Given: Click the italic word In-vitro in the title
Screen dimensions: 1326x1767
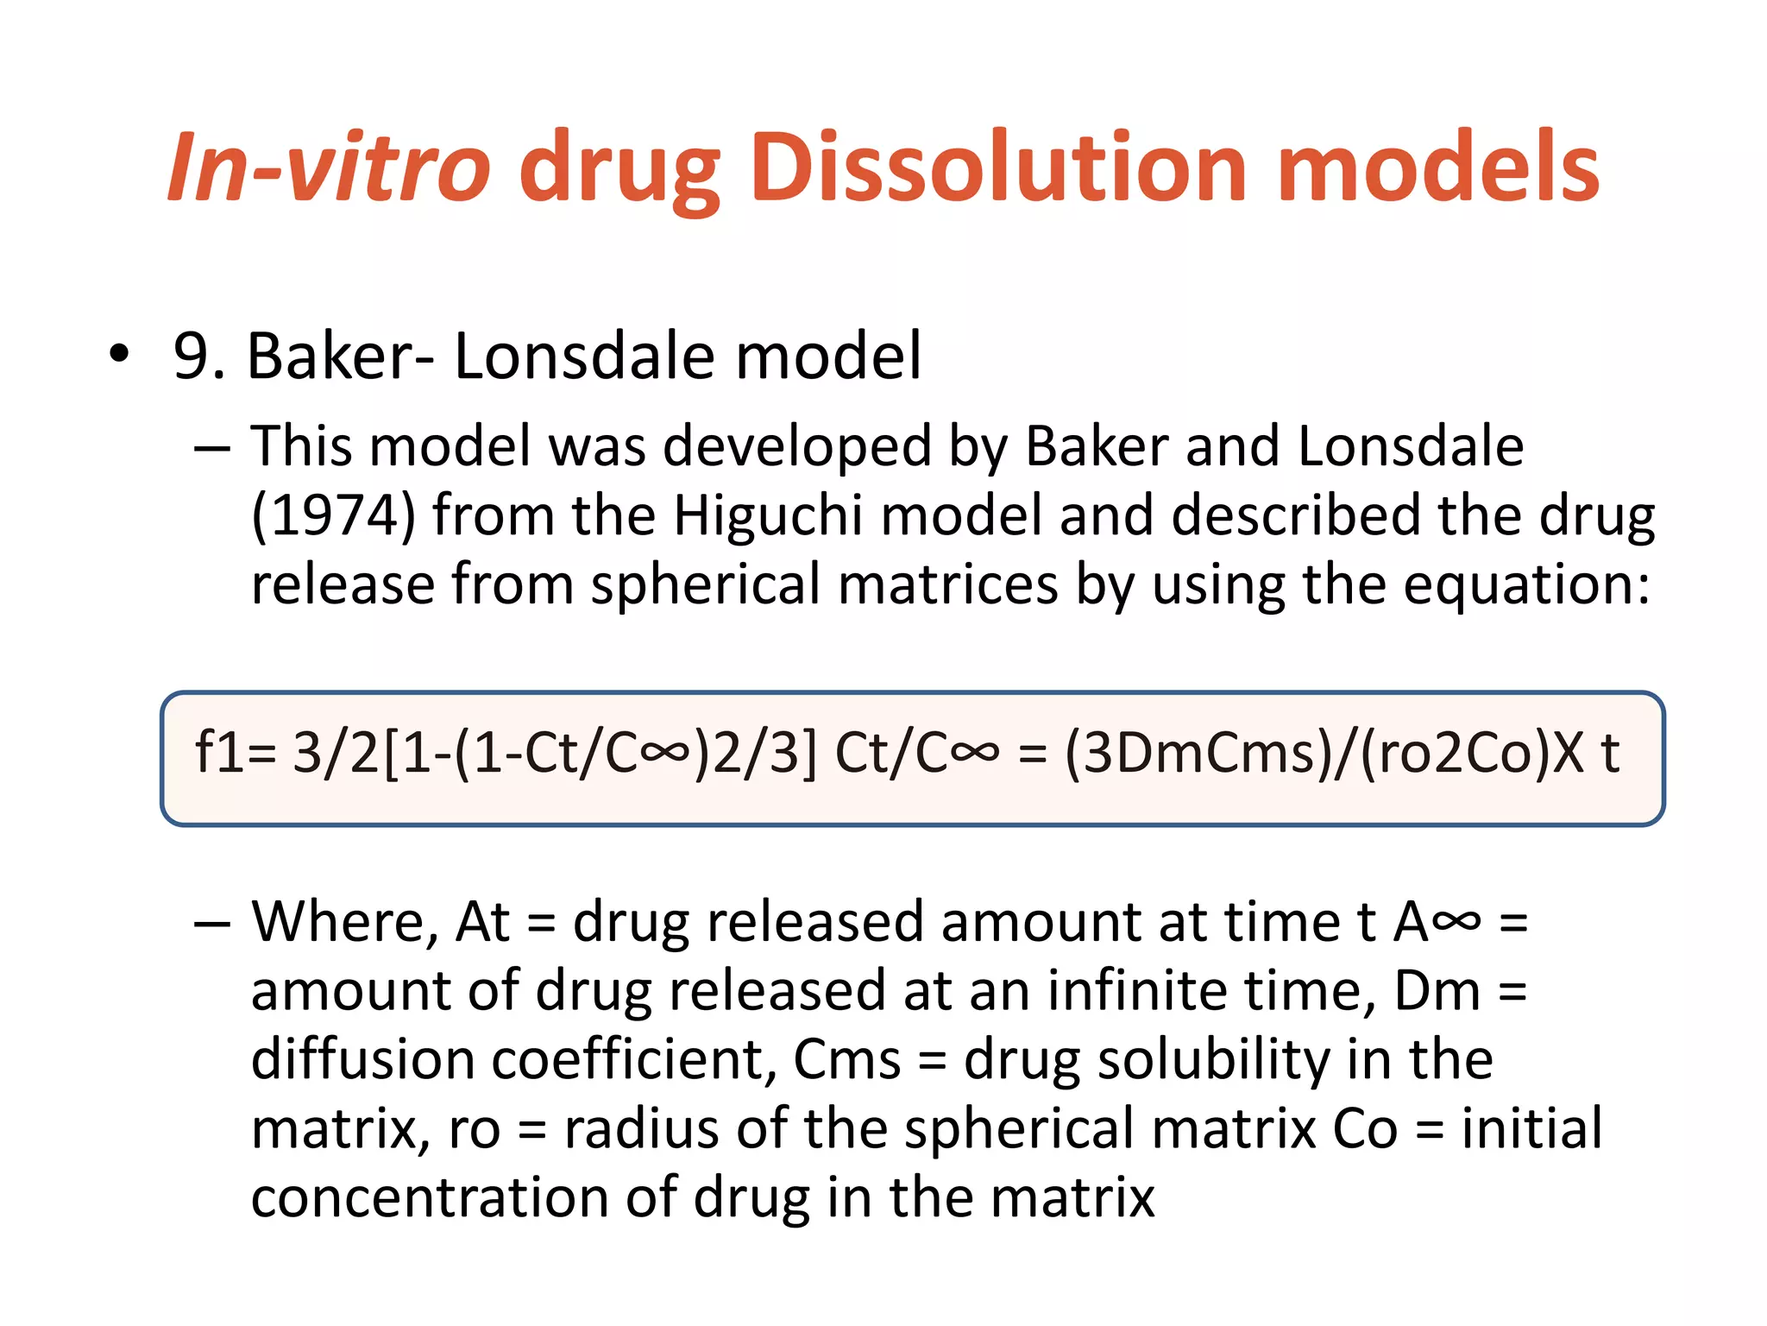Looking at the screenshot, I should click(x=328, y=168).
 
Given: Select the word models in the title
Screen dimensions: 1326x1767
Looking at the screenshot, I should click(x=1437, y=168).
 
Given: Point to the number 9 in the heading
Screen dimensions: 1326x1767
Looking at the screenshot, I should click(x=192, y=356).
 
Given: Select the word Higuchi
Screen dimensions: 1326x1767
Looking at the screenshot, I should click(x=768, y=515).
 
